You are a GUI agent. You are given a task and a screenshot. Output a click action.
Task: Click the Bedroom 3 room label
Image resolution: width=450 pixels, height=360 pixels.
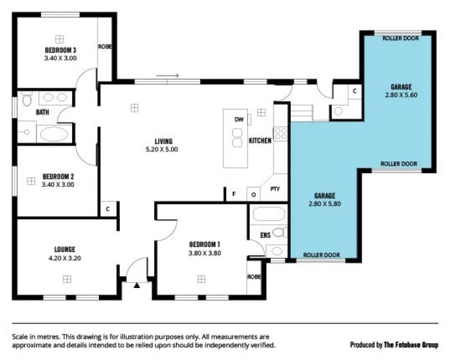(61, 50)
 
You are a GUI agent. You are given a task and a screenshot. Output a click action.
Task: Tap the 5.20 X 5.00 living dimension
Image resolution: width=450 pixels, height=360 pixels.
(162, 149)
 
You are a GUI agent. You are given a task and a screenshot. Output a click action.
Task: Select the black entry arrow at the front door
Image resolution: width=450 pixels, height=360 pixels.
(137, 285)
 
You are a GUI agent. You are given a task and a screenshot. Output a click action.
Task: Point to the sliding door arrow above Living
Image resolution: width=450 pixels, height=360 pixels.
(167, 75)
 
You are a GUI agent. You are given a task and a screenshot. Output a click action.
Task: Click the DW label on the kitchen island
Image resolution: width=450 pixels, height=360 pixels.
(238, 119)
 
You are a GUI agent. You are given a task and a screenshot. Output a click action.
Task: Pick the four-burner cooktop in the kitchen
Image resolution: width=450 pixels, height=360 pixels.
(281, 133)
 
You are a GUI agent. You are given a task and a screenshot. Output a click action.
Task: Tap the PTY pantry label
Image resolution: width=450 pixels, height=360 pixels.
(275, 189)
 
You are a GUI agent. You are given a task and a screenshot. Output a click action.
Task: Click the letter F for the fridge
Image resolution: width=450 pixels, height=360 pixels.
(234, 194)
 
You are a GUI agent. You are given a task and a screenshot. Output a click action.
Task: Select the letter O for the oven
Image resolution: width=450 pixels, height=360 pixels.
(254, 195)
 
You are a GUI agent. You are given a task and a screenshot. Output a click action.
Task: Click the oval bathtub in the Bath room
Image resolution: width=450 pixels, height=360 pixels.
(54, 134)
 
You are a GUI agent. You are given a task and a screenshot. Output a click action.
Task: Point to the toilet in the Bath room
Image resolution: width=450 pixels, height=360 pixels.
(26, 98)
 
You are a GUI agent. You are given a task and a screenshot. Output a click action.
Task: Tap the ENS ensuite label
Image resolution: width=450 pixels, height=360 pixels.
(265, 235)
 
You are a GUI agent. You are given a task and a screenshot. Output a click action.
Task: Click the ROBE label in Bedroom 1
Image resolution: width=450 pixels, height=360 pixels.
(254, 277)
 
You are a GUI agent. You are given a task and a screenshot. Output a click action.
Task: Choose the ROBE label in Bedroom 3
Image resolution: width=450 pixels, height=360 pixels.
(105, 46)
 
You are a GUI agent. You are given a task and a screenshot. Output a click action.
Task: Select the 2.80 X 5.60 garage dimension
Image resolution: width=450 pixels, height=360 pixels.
(401, 94)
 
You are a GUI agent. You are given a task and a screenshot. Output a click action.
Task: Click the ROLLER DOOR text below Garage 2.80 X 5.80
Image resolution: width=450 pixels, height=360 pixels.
(321, 255)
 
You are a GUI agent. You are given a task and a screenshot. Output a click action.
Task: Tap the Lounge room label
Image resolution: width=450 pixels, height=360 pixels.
(65, 250)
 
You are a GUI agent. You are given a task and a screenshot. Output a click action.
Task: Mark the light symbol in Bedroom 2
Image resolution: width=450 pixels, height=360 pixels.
(31, 181)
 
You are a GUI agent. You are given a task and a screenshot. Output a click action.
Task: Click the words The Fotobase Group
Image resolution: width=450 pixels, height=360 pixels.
(411, 344)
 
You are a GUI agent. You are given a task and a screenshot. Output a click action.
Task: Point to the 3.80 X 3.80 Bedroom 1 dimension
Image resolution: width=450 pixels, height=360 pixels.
(205, 253)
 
